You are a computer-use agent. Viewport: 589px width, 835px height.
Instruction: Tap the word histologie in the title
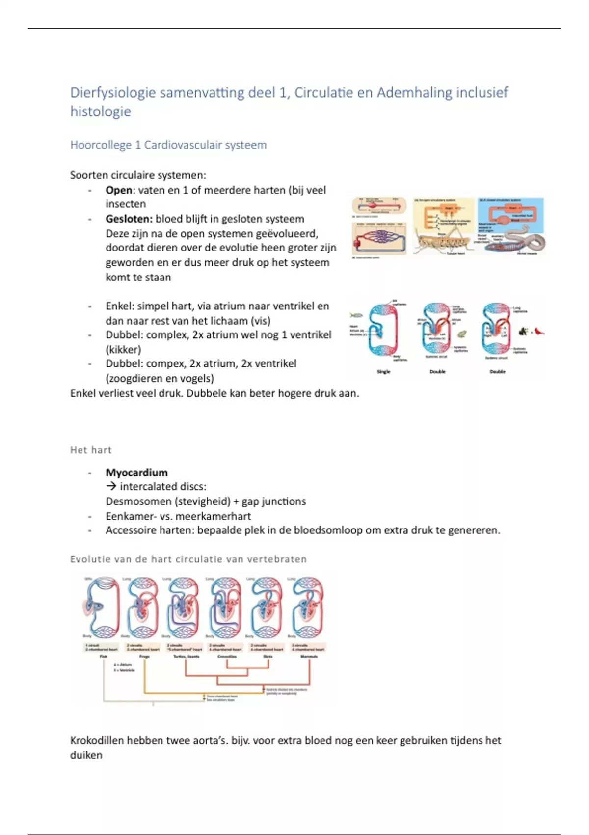pos(101,111)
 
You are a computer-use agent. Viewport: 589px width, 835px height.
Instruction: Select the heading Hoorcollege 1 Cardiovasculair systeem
pos(168,145)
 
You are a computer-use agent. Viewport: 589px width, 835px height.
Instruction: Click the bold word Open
pos(119,190)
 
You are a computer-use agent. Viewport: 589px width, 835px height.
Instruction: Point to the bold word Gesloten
pos(129,219)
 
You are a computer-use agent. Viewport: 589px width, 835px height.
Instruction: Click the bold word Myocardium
pos(136,473)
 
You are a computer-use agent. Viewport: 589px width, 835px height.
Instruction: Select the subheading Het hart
pos(91,450)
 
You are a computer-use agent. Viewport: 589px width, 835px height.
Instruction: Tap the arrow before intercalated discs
pos(111,487)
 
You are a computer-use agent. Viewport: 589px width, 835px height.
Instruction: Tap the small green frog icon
pos(462,334)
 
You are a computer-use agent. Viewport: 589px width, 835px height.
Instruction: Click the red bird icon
pos(539,332)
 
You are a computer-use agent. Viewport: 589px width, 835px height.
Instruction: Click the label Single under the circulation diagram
pos(383,372)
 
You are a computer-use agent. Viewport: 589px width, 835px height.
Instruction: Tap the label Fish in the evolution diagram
pos(104,656)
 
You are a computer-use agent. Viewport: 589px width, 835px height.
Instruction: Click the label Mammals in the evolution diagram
pos(309,656)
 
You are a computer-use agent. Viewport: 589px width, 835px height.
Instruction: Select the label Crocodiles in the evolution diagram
pos(227,656)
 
